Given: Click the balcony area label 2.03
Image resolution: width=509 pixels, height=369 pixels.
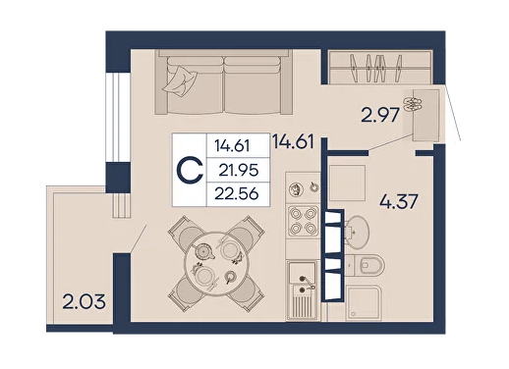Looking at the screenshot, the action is [x=84, y=301].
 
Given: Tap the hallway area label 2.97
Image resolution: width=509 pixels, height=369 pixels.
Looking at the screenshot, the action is [x=380, y=115].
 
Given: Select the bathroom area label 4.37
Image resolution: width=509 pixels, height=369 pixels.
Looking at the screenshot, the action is [x=399, y=201].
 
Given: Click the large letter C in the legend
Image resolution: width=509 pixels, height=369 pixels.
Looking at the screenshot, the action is [x=190, y=170].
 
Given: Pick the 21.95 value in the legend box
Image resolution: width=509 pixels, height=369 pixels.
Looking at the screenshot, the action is [x=239, y=170].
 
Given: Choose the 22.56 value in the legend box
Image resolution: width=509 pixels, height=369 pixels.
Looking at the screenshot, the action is [x=237, y=194].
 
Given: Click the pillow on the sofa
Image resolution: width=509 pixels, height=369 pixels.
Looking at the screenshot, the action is [x=180, y=80].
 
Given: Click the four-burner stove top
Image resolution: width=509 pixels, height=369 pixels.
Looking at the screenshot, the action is [x=303, y=221].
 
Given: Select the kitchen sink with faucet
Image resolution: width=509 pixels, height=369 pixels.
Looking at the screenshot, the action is [x=302, y=290].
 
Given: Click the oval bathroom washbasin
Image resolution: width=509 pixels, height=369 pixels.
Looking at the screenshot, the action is [x=358, y=233].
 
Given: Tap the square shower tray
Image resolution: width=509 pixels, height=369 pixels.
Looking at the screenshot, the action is [x=364, y=303].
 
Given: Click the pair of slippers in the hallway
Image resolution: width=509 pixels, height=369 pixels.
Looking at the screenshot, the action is [x=413, y=104].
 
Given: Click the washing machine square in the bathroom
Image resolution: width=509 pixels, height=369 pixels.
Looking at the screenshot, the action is [x=347, y=183].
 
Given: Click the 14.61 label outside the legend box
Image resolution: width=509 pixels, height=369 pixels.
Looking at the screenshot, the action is [x=294, y=142].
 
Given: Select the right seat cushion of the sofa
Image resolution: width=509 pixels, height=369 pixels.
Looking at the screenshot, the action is [x=253, y=85].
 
